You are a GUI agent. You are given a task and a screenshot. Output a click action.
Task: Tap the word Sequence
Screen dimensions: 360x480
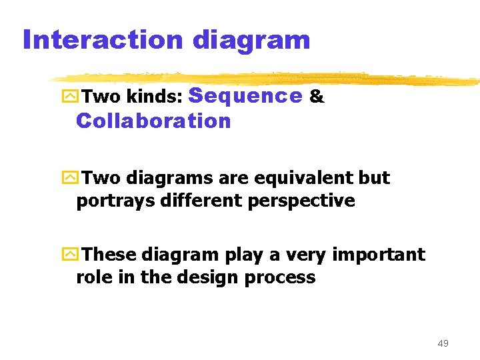coord(246,97)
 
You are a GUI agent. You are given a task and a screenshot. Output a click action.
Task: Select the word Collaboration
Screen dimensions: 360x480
coord(153,121)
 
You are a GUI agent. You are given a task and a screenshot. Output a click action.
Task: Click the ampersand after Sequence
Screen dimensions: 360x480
coord(317,97)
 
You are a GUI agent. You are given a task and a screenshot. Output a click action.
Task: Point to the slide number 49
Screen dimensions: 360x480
coord(443,343)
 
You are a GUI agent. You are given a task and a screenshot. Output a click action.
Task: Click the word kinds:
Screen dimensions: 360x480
coord(151,98)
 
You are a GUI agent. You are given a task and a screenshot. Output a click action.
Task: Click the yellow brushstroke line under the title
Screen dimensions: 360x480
coord(267,77)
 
